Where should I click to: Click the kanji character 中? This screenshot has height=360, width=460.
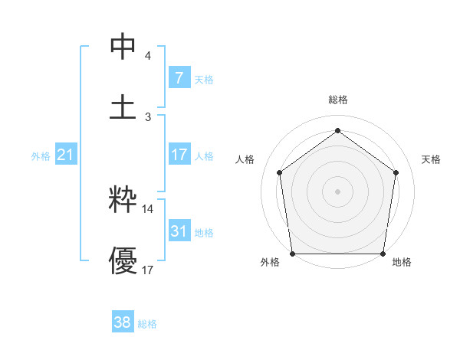(123, 47)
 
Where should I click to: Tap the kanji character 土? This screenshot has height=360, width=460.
(123, 106)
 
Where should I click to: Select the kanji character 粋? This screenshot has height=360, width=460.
(123, 201)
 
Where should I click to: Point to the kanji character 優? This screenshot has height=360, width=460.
(123, 260)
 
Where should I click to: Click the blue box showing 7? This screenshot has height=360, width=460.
(179, 77)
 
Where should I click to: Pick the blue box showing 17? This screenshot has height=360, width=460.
(179, 155)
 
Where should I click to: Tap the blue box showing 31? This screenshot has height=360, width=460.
(179, 231)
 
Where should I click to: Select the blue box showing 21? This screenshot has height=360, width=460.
(65, 155)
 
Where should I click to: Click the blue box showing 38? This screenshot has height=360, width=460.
(122, 322)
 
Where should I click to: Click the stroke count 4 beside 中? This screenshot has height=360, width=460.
(148, 56)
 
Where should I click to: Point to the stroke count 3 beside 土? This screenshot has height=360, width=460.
(148, 116)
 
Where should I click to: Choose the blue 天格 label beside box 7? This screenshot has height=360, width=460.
(204, 79)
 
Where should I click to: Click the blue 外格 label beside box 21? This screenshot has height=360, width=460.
(41, 156)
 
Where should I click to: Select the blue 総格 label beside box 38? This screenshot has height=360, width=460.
(147, 324)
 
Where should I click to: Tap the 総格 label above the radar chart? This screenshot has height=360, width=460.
(338, 100)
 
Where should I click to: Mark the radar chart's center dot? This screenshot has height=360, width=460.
(338, 191)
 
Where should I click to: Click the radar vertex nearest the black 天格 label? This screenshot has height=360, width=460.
(396, 172)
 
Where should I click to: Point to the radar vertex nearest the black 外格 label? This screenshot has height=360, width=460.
(292, 254)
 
